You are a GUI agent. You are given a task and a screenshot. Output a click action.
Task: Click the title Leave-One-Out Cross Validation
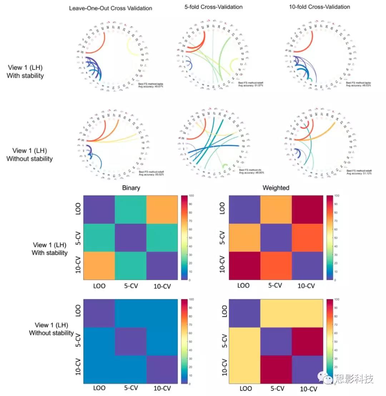(111, 8)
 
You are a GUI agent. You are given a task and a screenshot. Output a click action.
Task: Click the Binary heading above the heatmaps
(131, 188)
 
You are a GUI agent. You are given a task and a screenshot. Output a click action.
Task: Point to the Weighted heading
(276, 188)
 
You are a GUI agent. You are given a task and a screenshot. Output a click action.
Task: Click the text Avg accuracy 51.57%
(252, 86)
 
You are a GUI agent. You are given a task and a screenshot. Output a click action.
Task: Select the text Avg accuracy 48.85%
(252, 173)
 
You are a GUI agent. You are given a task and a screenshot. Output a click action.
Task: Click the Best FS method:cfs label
(251, 170)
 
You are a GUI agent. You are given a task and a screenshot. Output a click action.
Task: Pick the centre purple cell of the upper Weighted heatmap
(276, 237)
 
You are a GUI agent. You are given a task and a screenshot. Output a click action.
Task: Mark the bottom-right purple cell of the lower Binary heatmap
(162, 370)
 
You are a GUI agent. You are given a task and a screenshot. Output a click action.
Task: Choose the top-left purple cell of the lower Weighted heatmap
(244, 313)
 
